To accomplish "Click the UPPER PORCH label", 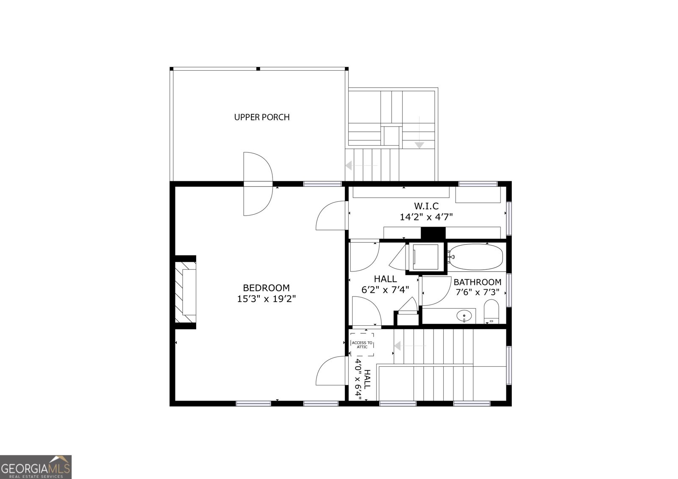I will click(x=262, y=117).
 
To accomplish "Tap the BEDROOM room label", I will click(x=266, y=288).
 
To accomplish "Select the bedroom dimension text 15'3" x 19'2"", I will click(x=266, y=299).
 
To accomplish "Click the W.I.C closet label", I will click(x=426, y=206).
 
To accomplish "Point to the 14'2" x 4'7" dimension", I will click(x=426, y=217).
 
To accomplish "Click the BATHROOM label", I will click(x=477, y=282).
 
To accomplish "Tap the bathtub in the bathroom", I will click(x=475, y=257).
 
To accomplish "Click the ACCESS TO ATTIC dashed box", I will click(x=362, y=344).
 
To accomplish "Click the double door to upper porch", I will click(x=258, y=184).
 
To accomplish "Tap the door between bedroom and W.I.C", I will click(x=331, y=216).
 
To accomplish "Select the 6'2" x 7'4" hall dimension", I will click(x=385, y=290).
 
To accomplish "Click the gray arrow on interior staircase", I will click(x=398, y=346).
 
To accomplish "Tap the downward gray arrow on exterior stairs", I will click(x=419, y=145).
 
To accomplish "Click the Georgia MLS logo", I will click(x=36, y=467).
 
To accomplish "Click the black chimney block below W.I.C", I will click(x=433, y=234).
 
